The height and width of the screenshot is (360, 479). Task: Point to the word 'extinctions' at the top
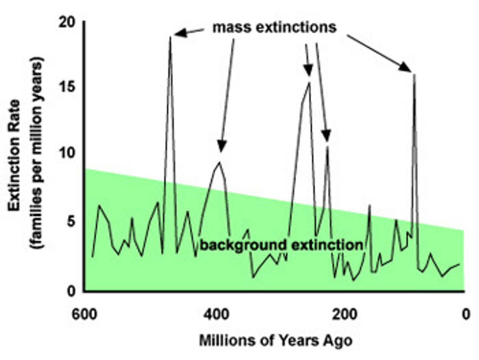[x=296, y=28]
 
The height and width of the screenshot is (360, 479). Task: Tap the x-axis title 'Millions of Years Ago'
[x=275, y=341]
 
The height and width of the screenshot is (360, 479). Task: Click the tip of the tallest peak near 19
[x=170, y=37]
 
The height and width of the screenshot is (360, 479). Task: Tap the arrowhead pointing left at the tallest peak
[x=180, y=33]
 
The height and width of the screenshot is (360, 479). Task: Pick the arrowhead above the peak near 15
[x=309, y=70]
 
